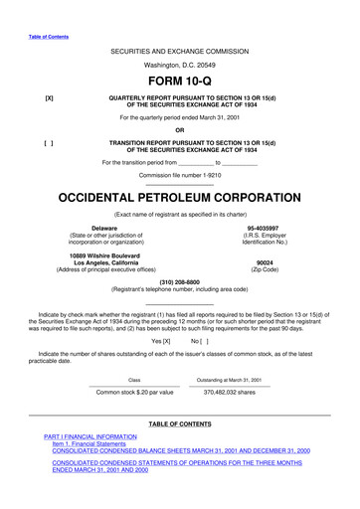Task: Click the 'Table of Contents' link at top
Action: (x=47, y=36)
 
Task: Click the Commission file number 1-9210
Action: (x=180, y=174)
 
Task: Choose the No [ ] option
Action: (x=199, y=341)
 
